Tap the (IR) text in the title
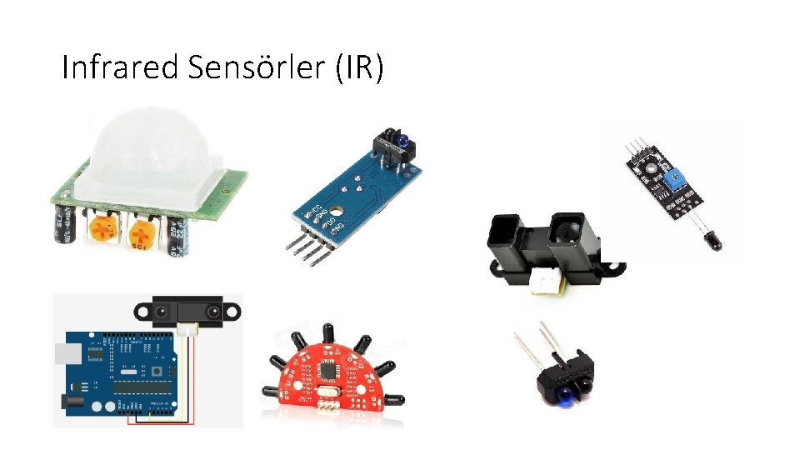click(359, 67)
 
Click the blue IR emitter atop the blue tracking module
click(401, 140)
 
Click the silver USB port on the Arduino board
click(62, 351)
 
